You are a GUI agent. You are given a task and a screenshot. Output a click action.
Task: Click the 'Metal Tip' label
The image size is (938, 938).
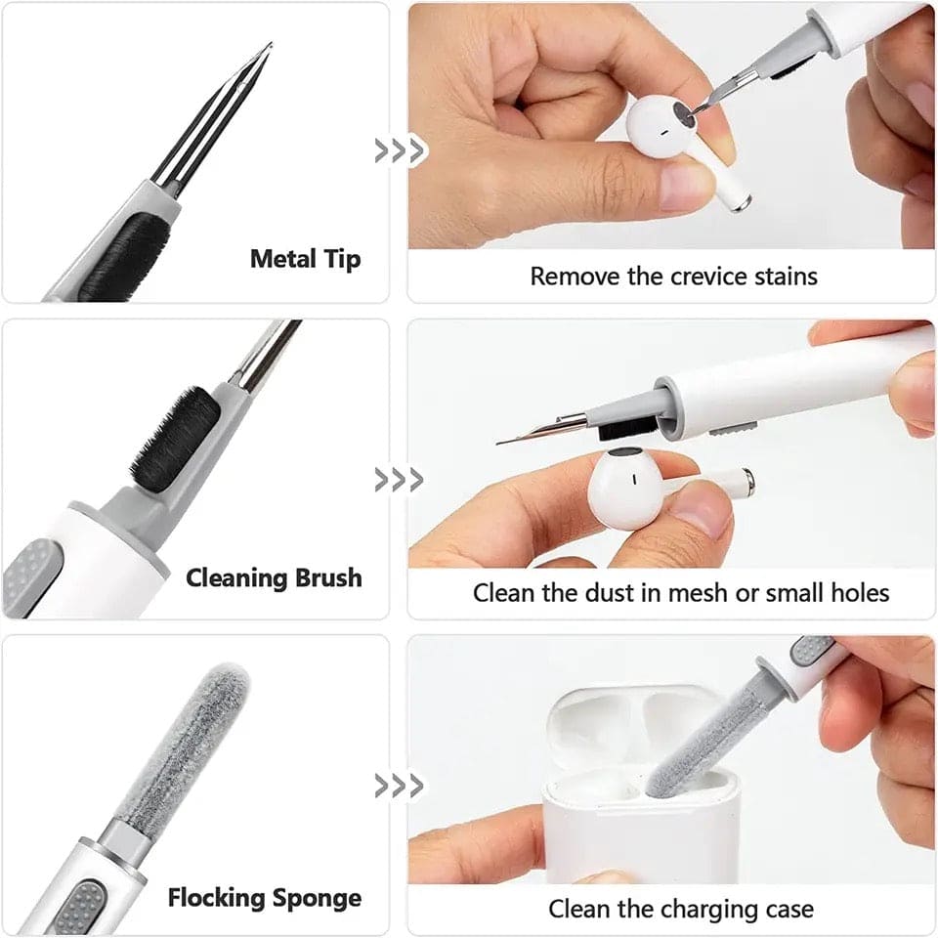[x=305, y=260]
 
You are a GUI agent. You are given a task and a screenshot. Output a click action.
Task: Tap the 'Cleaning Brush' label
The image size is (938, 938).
[x=274, y=577]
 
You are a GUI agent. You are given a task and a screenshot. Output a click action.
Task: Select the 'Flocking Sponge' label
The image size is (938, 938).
[x=265, y=898]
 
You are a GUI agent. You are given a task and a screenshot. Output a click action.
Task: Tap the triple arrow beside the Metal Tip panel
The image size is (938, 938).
[x=400, y=150]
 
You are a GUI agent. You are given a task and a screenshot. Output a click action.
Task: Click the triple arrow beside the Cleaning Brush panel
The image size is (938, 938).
[x=400, y=480]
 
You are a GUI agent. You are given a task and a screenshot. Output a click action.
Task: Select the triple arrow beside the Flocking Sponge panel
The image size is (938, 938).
[x=400, y=786]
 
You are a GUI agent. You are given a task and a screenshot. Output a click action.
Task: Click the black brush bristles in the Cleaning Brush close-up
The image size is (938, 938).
[x=176, y=439]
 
